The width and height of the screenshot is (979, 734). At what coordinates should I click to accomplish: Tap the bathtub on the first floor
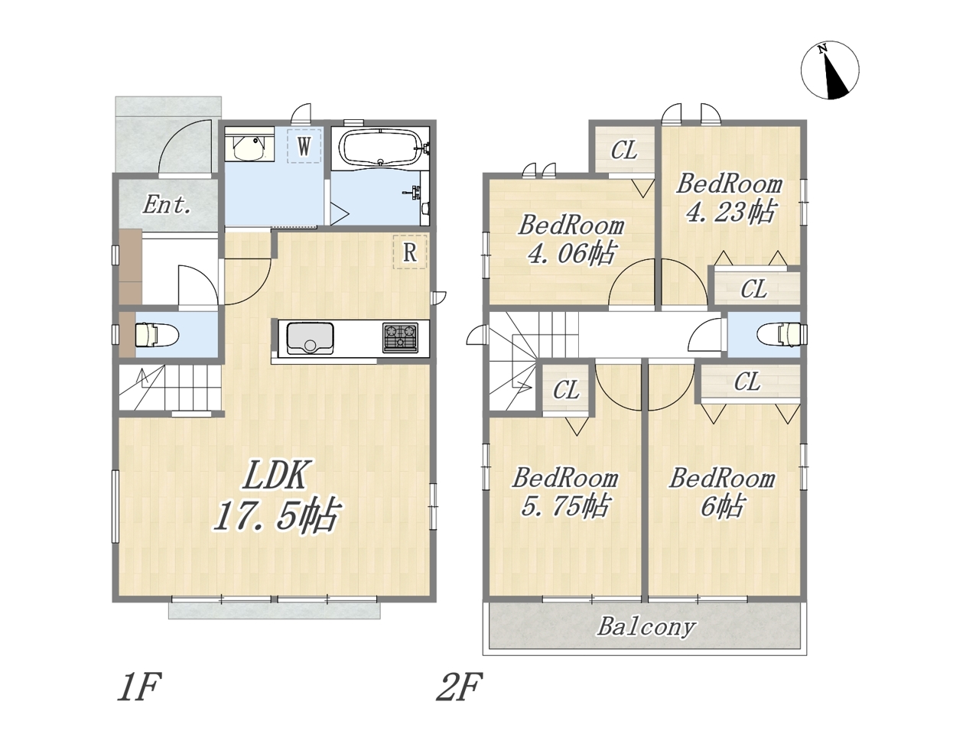coord(380,147)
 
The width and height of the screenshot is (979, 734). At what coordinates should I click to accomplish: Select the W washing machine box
coord(304,146)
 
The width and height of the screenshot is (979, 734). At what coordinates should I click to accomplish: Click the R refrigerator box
coord(410,252)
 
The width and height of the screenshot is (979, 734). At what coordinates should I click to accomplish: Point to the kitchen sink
coord(310,338)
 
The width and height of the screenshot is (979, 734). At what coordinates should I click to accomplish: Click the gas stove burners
coord(400,338)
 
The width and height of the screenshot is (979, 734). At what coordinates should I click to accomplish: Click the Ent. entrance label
coord(167,206)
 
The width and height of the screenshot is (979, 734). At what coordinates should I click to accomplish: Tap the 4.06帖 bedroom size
coord(571,254)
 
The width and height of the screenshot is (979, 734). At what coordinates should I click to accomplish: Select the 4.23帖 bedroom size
coord(730,212)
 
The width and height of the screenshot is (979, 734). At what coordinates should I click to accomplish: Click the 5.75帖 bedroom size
coord(564,506)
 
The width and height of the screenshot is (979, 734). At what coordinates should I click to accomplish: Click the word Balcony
coord(646,628)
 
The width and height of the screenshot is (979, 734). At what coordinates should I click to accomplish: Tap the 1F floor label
coord(138,687)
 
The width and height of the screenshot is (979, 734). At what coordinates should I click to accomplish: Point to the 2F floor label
coord(460,687)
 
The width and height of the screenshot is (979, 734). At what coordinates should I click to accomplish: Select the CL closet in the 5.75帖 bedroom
coord(567,390)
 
